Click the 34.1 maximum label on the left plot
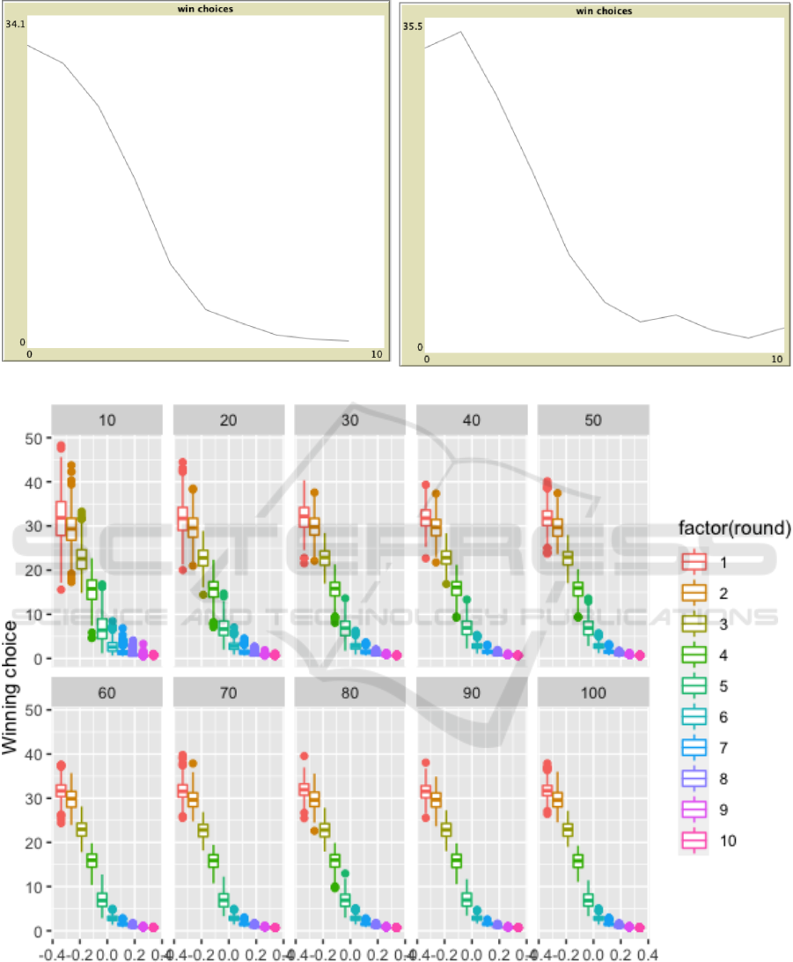point(15,24)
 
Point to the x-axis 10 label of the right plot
point(776,359)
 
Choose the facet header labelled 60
point(107,692)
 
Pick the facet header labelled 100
point(593,692)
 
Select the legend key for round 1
point(695,562)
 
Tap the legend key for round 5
point(695,685)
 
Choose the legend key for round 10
point(695,840)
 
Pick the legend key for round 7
point(695,747)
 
